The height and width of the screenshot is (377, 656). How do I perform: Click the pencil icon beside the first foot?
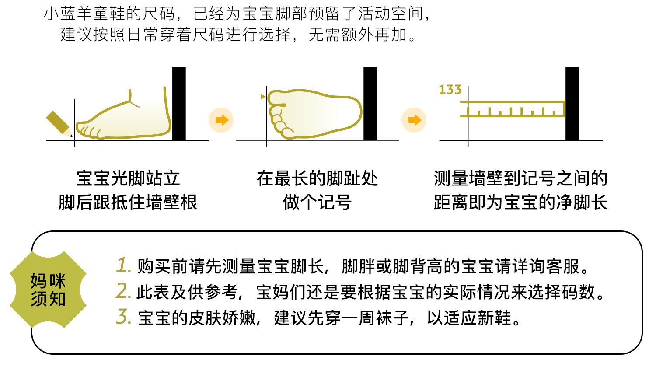[x=59, y=123]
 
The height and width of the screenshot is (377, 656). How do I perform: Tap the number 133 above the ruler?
[x=450, y=90]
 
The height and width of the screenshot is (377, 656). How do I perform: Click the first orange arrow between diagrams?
[x=221, y=120]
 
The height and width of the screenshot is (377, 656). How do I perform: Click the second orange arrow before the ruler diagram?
[x=414, y=120]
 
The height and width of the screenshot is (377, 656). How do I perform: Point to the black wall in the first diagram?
[x=179, y=104]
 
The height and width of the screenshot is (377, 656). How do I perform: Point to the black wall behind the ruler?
[x=572, y=104]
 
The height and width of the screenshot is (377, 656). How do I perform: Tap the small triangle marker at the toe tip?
[x=263, y=97]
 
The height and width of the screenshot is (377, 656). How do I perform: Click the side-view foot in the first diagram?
[x=125, y=118]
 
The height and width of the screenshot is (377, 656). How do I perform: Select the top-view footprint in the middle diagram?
[x=315, y=114]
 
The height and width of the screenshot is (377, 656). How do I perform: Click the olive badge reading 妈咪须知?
[x=48, y=290]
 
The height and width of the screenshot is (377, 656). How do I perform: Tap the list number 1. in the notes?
[x=124, y=265]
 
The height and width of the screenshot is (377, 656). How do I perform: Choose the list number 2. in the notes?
[x=123, y=291]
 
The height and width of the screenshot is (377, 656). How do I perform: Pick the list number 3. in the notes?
[x=124, y=317]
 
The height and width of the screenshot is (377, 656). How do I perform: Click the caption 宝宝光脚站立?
[x=128, y=178]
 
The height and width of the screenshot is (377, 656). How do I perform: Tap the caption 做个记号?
[x=317, y=202]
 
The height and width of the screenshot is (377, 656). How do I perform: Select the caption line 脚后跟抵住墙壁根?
[x=128, y=202]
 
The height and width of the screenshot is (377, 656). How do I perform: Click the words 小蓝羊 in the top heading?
[x=68, y=14]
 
